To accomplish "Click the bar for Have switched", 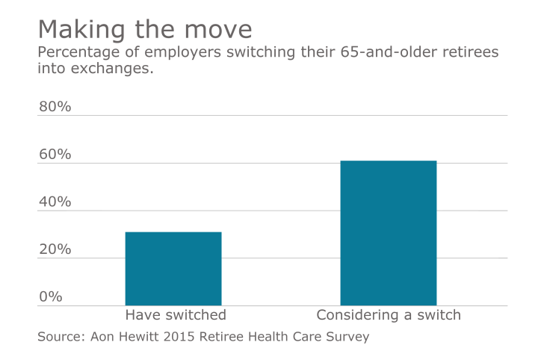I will coord(173,269).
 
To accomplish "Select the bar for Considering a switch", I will coord(388,233).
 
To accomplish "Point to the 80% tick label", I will coord(55,107).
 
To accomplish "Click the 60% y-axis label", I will coord(55,155).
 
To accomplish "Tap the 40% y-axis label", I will coord(55,202).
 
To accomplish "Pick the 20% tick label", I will coord(55,249).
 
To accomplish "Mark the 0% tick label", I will coord(50,297).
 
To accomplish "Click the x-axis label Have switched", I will coord(175,315).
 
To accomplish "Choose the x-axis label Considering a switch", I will coord(389,315).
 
